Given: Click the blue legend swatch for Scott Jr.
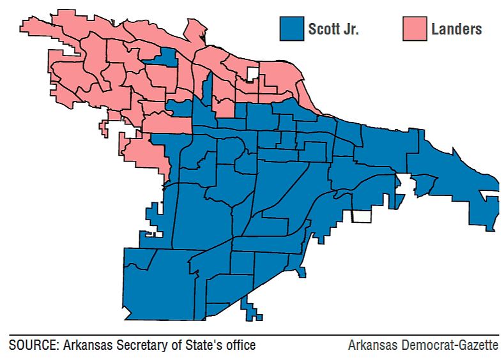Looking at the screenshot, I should click(x=291, y=29).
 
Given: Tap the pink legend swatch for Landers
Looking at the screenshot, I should click(x=415, y=29).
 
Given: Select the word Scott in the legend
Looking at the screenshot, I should click(x=325, y=29).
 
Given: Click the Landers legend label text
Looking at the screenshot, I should click(x=456, y=29).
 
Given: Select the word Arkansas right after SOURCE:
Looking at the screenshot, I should click(x=85, y=345).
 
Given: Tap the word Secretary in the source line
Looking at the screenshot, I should click(x=135, y=345).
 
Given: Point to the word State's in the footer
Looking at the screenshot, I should click(x=194, y=345).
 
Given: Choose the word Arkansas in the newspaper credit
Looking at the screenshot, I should click(x=372, y=345).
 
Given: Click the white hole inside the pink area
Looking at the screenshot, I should click(x=253, y=73).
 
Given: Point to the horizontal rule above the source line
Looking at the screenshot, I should click(x=252, y=335).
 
